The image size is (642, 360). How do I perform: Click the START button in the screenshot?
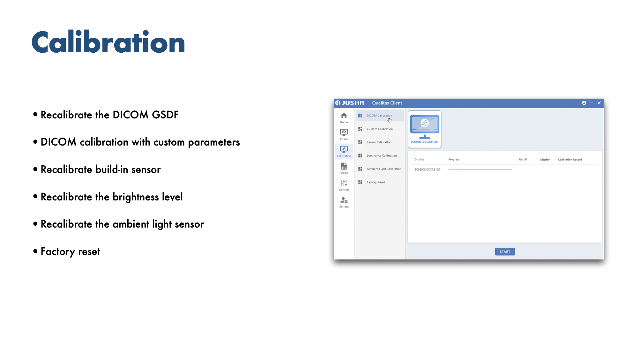click(x=505, y=251)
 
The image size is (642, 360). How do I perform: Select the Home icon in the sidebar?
click(x=344, y=116)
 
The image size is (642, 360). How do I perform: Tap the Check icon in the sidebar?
click(x=344, y=132)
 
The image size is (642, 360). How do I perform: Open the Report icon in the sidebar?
click(x=344, y=166)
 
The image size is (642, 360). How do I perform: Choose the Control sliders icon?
click(x=344, y=183)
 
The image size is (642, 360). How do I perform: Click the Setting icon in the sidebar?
click(x=344, y=200)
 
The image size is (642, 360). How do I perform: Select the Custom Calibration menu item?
click(x=380, y=129)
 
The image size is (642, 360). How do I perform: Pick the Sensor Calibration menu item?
click(x=379, y=142)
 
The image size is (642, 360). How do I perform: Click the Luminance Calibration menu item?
click(x=382, y=156)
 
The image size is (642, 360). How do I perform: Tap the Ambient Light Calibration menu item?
click(x=384, y=169)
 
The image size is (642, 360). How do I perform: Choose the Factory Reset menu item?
click(x=376, y=182)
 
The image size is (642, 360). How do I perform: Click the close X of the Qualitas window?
click(x=599, y=103)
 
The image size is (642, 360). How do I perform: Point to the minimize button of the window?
click(x=592, y=103)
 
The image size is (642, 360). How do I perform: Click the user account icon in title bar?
click(x=584, y=103)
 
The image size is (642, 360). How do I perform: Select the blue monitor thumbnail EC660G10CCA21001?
click(x=424, y=129)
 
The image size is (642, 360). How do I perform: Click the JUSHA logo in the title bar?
click(x=350, y=103)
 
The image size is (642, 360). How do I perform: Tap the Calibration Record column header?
click(x=570, y=160)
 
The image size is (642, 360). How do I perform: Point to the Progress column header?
click(x=454, y=160)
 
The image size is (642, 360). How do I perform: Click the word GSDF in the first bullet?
click(x=165, y=115)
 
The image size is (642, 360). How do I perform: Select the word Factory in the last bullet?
click(x=58, y=252)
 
